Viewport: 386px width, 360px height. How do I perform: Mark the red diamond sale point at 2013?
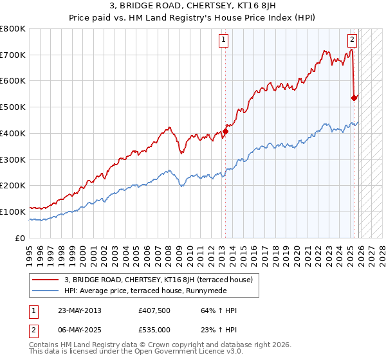(225, 131)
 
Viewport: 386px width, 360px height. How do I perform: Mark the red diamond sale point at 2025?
(353, 98)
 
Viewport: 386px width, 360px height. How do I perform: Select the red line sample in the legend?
(46, 280)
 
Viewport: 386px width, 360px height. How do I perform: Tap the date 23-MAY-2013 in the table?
(78, 310)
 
